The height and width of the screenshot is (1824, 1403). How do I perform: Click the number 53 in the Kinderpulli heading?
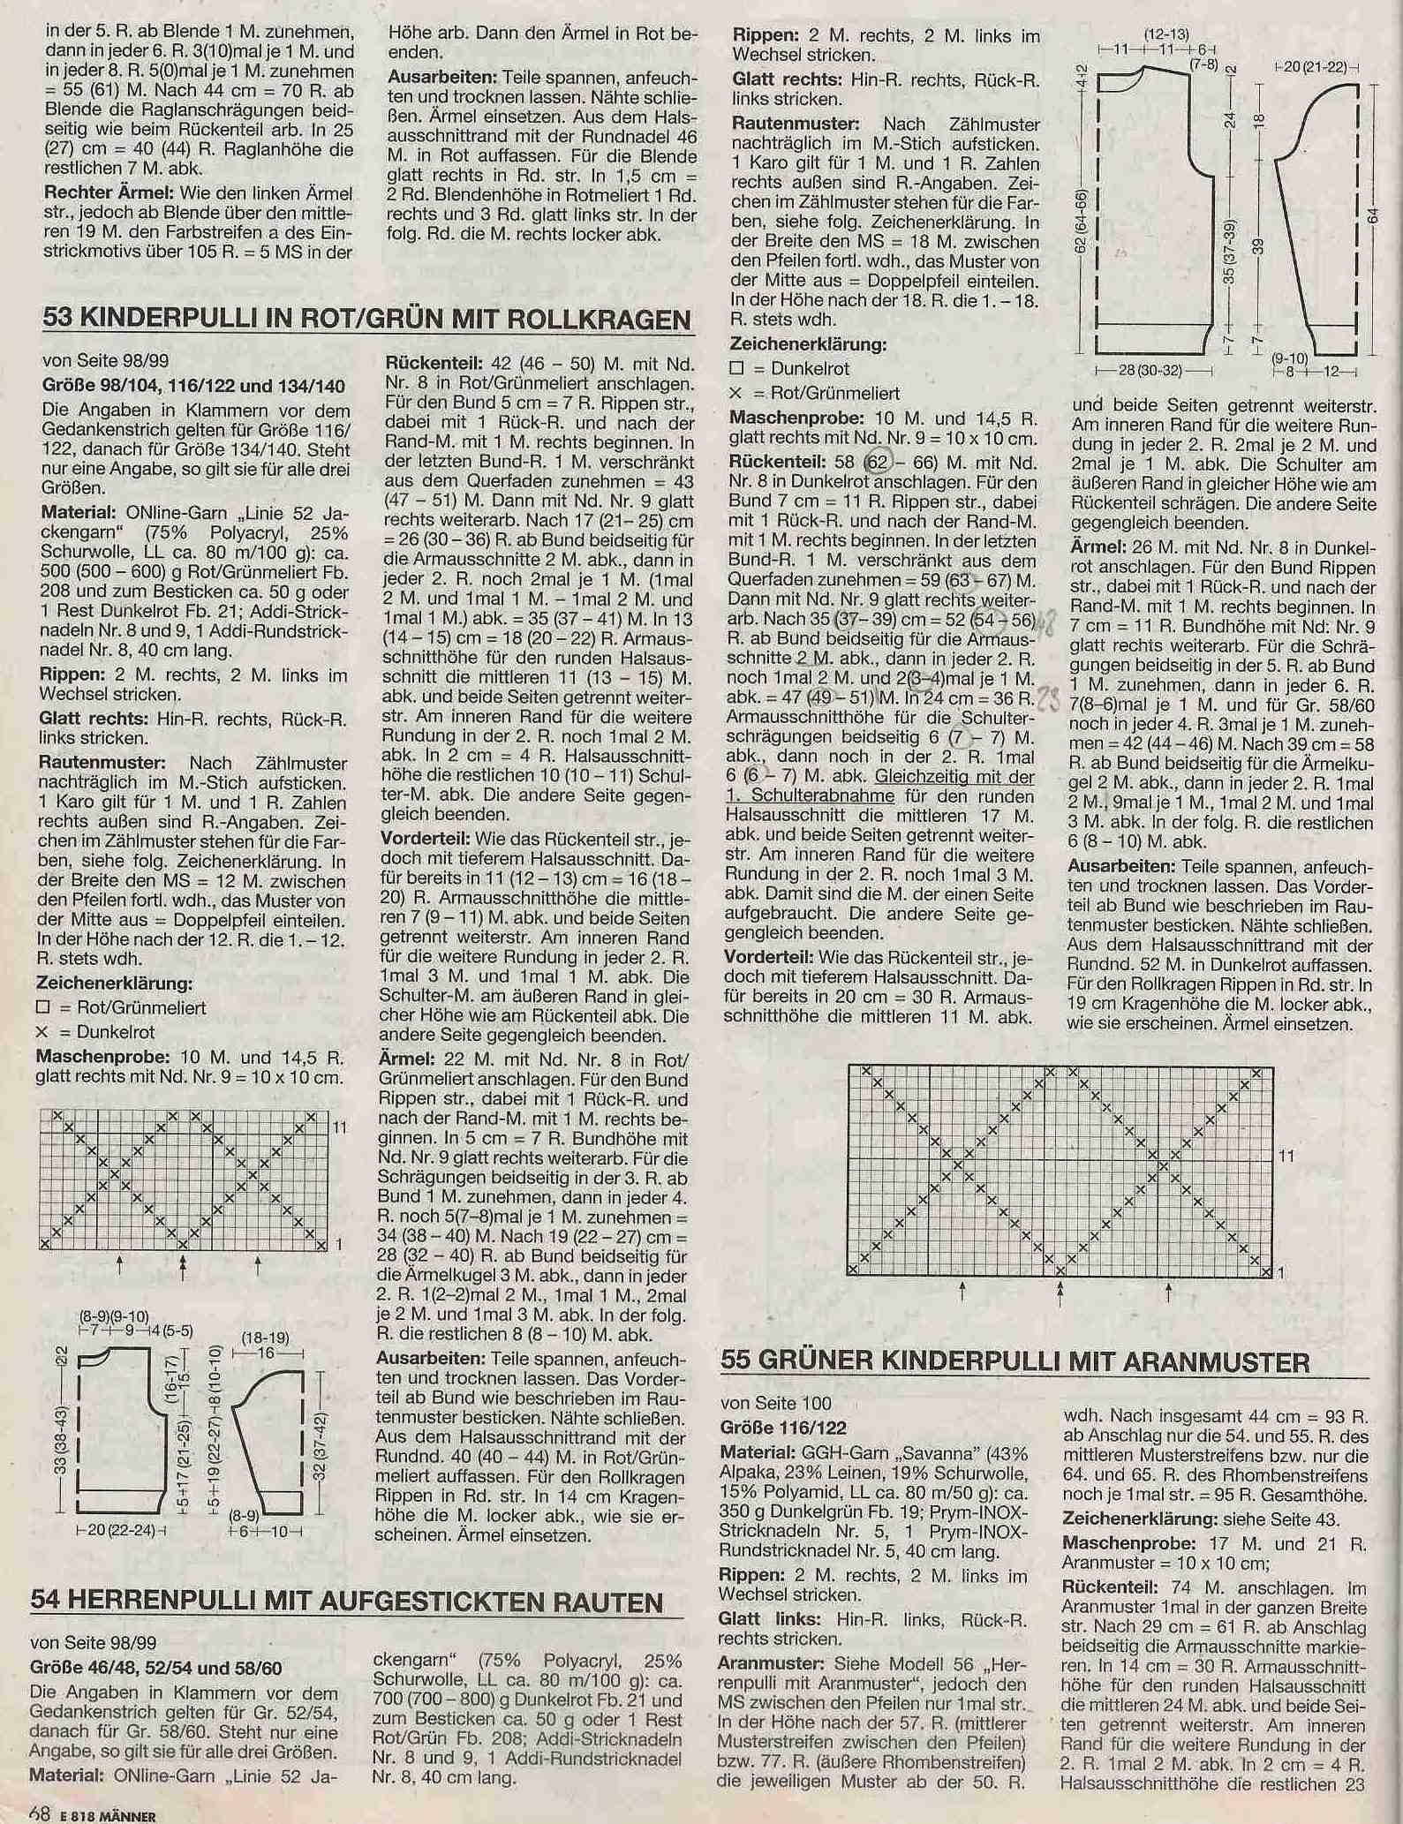click(57, 319)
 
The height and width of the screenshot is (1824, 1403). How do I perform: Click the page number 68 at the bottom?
click(38, 1814)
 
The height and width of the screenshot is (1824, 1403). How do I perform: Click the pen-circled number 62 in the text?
click(875, 462)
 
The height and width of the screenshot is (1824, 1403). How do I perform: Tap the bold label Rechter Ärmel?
click(102, 193)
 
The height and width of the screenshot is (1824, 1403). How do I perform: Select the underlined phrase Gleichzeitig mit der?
click(954, 777)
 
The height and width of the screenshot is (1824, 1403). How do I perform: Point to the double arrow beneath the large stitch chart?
click(1060, 1293)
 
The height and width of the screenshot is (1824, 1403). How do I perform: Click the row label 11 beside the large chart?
click(1286, 1157)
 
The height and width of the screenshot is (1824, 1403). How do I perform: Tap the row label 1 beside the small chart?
click(338, 1244)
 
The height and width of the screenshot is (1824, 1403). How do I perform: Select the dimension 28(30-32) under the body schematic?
click(1146, 369)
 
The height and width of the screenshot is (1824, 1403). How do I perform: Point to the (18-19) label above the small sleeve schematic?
click(265, 1338)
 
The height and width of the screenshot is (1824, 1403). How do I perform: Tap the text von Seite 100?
click(763, 1403)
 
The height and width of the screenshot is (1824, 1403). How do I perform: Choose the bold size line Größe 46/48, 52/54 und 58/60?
click(155, 1668)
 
